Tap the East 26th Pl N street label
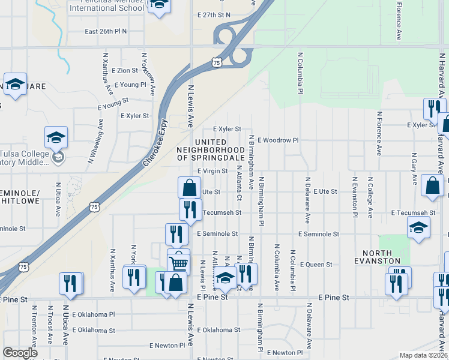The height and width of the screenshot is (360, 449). pyautogui.click(x=106, y=32)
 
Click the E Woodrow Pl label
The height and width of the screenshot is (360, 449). pyautogui.click(x=278, y=140)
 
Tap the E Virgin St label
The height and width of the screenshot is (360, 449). pyautogui.click(x=212, y=171)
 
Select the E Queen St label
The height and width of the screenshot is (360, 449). pyautogui.click(x=316, y=264)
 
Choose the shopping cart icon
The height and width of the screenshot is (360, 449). pyautogui.click(x=178, y=262)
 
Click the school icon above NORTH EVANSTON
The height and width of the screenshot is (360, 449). pyautogui.click(x=418, y=227)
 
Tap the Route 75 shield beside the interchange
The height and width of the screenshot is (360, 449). pyautogui.click(x=217, y=62)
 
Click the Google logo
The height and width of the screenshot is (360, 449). pyautogui.click(x=20, y=353)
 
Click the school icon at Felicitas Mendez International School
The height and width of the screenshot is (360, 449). pyautogui.click(x=159, y=6)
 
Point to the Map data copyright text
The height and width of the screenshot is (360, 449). pyautogui.click(x=423, y=355)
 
